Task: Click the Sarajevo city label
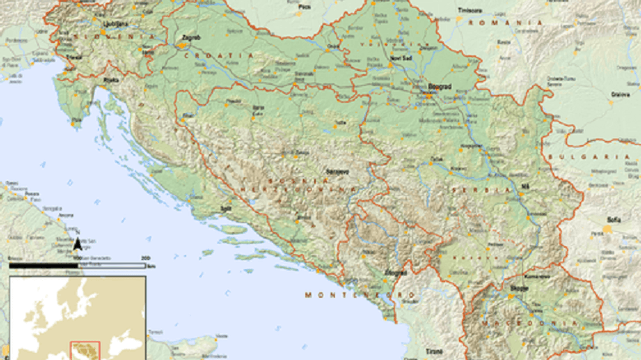pyautogui.click(x=338, y=172)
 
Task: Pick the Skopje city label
pyautogui.click(x=519, y=289)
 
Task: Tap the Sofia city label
pyautogui.click(x=614, y=220)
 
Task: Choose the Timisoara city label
pyautogui.click(x=472, y=10)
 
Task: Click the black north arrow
pyautogui.click(x=77, y=244)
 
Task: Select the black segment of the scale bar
pyautogui.click(x=43, y=266)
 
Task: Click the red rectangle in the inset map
pyautogui.click(x=85, y=350)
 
